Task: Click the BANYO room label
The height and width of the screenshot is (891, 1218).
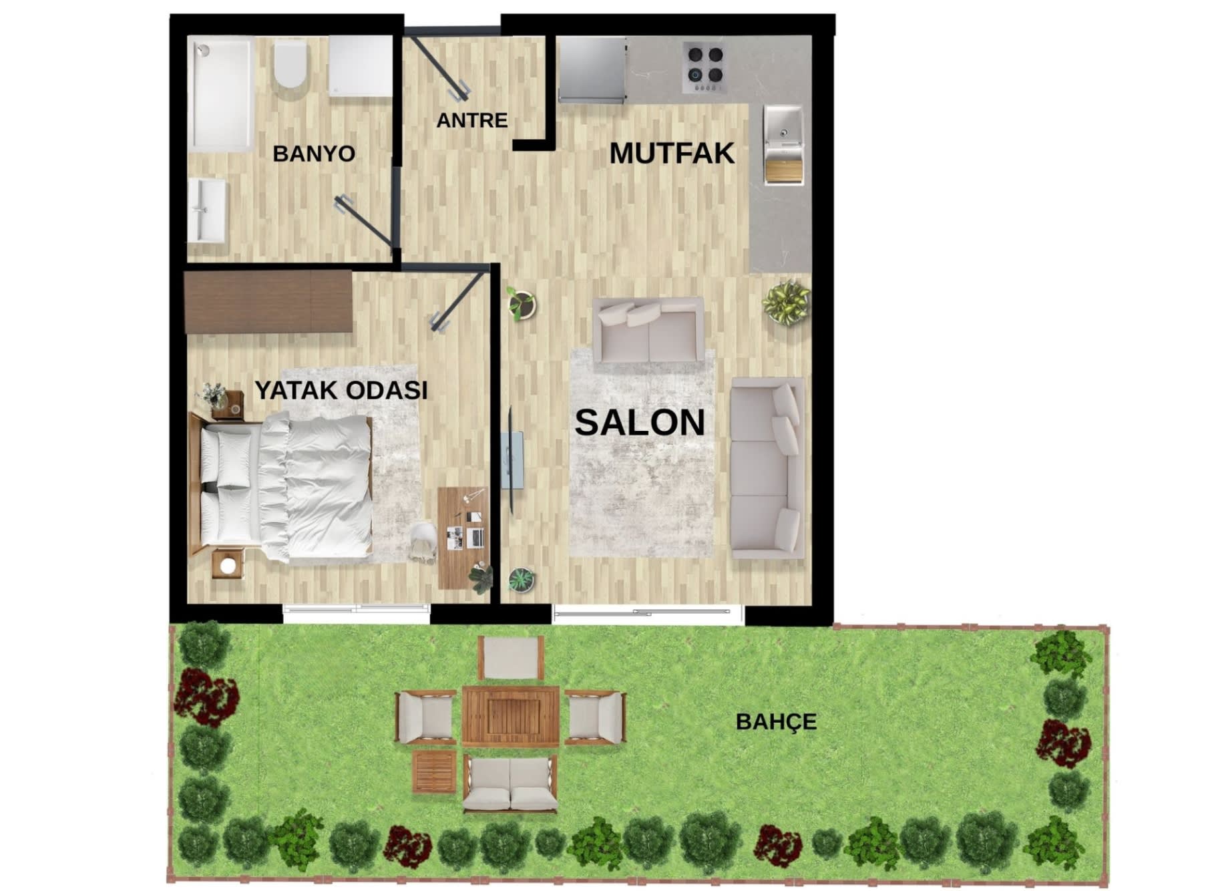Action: point(313,154)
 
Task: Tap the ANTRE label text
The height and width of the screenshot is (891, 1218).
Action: point(471,120)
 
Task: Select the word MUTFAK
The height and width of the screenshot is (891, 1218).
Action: point(671,154)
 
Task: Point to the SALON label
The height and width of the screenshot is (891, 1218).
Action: point(640,422)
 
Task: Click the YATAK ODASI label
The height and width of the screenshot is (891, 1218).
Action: point(341,390)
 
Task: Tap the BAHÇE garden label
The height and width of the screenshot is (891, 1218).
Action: point(776,722)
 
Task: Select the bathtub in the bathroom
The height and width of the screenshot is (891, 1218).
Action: point(220,94)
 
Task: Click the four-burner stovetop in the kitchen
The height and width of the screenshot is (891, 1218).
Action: point(705,67)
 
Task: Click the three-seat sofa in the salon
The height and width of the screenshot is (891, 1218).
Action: point(766,468)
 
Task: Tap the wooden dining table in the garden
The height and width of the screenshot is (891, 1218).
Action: point(510,717)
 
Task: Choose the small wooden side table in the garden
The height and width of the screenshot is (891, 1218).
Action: point(435,771)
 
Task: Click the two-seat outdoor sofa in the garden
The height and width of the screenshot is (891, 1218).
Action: point(510,783)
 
